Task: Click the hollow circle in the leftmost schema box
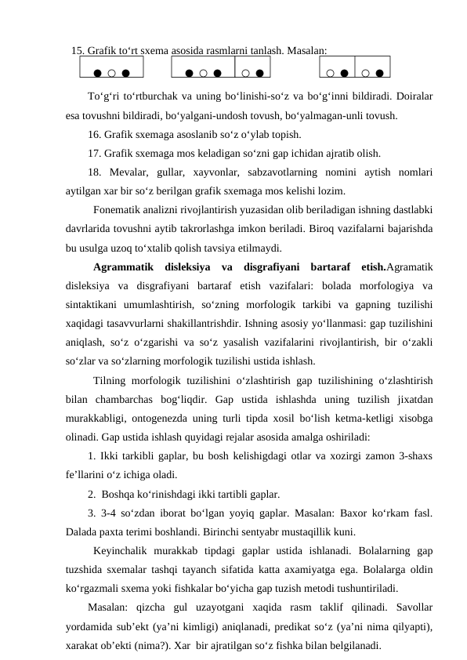click(112, 74)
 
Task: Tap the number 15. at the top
click(78, 50)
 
